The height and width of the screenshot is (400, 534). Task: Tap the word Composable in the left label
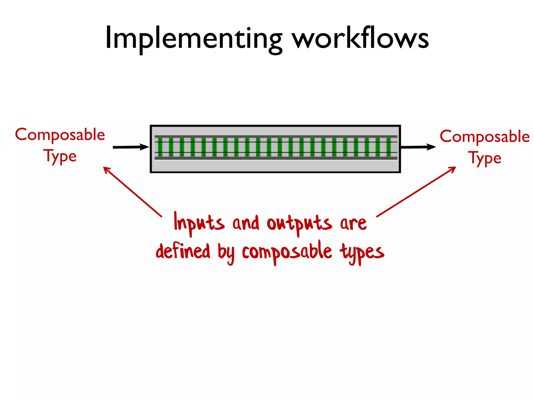pyautogui.click(x=60, y=135)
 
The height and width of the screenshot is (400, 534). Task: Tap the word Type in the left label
pyautogui.click(x=60, y=156)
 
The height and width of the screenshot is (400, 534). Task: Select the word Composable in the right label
pyautogui.click(x=484, y=136)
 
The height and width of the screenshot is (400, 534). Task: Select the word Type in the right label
pyautogui.click(x=484, y=158)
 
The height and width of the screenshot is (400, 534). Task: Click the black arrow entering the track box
pyautogui.click(x=130, y=147)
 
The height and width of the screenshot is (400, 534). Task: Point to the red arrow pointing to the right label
pyautogui.click(x=416, y=192)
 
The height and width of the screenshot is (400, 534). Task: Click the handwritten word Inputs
pyautogui.click(x=199, y=223)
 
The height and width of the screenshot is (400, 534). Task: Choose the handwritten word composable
pyautogui.click(x=287, y=251)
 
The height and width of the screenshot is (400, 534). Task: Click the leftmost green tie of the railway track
pyautogui.click(x=160, y=147)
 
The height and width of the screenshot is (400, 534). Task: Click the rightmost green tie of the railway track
pyautogui.click(x=389, y=147)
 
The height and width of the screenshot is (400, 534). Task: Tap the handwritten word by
pyautogui.click(x=226, y=253)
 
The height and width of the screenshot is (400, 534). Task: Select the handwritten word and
pyautogui.click(x=246, y=223)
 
